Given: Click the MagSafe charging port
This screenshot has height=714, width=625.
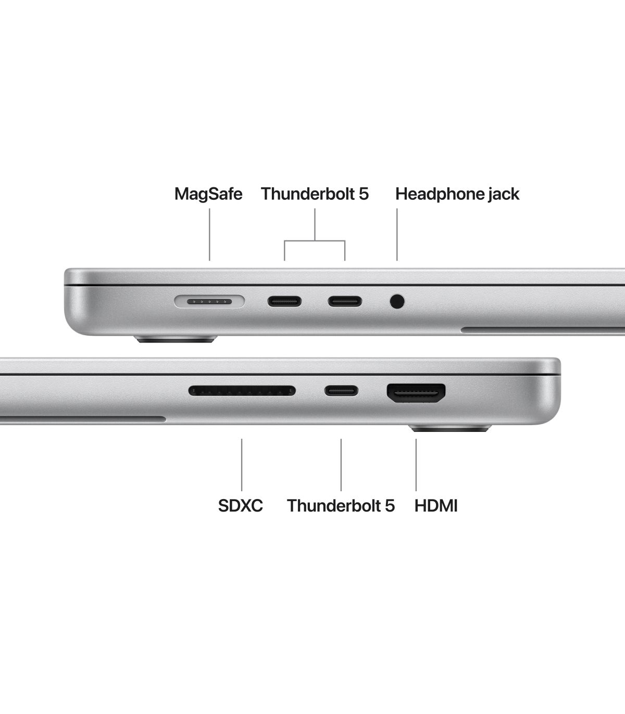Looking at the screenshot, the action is coord(209,301).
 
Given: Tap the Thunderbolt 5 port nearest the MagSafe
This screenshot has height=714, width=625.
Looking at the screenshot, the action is coord(284,301).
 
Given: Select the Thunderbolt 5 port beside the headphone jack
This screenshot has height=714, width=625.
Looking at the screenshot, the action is coord(345,301).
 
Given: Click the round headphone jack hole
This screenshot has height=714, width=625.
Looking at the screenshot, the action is coord(397,301).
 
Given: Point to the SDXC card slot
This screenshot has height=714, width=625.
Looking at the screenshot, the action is coord(242,390).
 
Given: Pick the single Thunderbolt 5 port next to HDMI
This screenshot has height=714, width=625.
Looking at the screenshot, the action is coord(341,390).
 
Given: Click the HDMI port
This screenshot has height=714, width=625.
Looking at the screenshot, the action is coord(416,393).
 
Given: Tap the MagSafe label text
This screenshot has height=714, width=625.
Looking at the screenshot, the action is coord(208,194).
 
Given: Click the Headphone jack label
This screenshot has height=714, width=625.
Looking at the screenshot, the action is coord(457,194).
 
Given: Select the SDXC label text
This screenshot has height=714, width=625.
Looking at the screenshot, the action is coord(241,506).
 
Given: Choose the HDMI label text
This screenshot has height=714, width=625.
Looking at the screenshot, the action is coord(436,506).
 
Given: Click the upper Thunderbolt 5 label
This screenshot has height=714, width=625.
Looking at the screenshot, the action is coord(315,194).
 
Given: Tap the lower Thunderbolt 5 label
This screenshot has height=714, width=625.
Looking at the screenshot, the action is coord(341,506).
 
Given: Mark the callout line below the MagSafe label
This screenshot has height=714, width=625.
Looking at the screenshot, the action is coord(209,235).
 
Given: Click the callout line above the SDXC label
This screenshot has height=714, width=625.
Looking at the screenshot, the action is coord(242,465).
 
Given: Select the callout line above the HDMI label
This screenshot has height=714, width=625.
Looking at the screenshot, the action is coord(416,465).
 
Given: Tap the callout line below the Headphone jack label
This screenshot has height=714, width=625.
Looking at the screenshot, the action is coord(397,235).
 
